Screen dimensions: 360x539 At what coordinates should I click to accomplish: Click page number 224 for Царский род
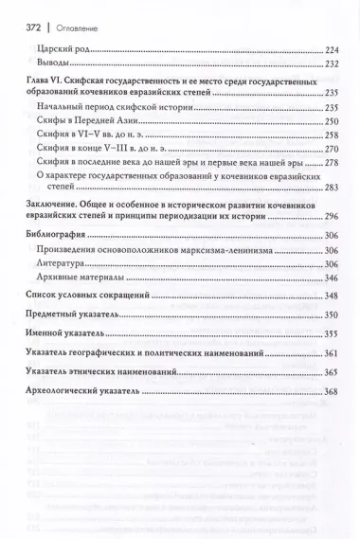click(x=333, y=47)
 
